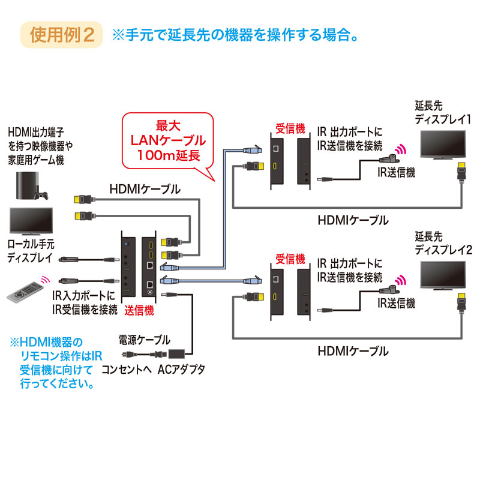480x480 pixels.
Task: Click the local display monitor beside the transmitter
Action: point(32,222)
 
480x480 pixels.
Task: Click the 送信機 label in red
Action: point(139,310)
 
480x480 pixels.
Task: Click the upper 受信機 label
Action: point(290,128)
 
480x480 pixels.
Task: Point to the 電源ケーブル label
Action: point(145,339)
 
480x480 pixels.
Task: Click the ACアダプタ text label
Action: point(181,369)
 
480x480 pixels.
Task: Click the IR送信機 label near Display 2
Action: point(396,304)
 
